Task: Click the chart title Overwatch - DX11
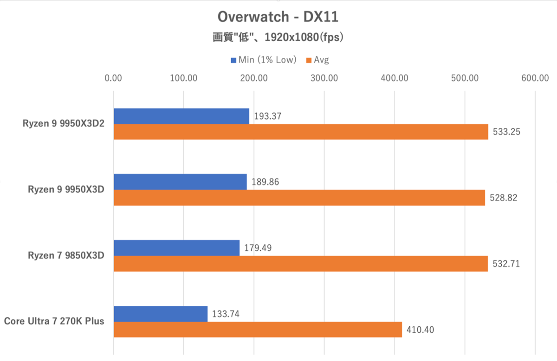pos(278,18)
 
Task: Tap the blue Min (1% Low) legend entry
pos(263,60)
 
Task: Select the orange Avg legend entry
pos(317,60)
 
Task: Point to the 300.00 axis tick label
pos(324,78)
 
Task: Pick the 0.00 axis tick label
pos(114,78)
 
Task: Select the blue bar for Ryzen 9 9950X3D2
pos(181,116)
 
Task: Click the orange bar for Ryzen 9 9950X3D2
pos(301,132)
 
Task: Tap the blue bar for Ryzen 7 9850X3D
pos(177,248)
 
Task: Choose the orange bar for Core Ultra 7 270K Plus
pos(258,329)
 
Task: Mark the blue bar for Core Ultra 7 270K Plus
pos(161,314)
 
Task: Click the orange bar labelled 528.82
pos(299,198)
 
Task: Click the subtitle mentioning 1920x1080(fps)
pos(278,38)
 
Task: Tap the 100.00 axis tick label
pos(184,78)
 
